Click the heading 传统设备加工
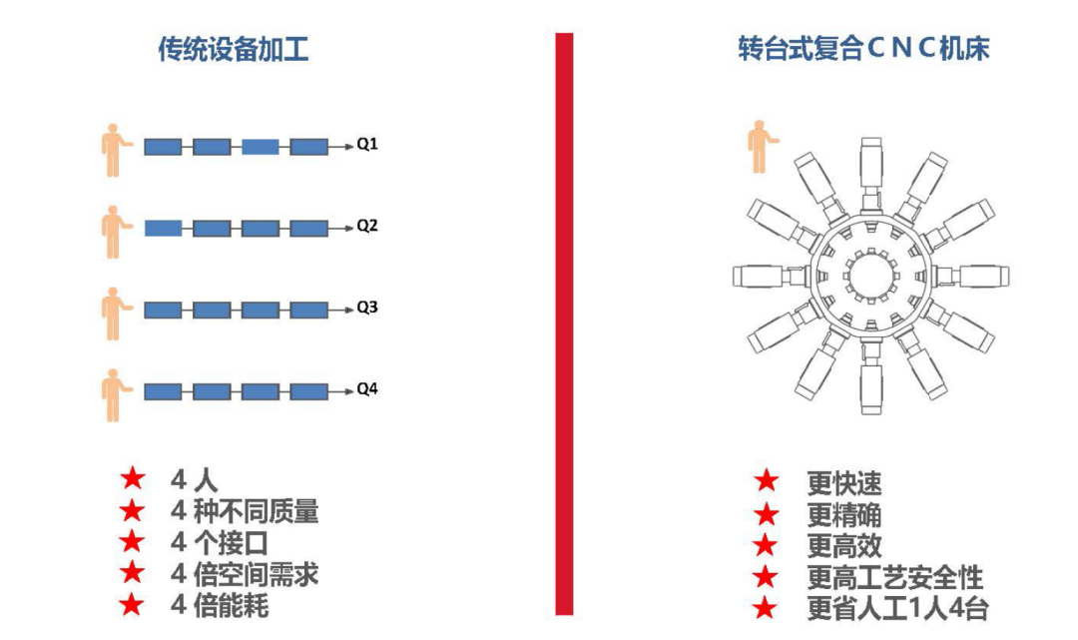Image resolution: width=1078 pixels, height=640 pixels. point(233,50)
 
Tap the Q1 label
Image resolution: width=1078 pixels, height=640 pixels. point(367,145)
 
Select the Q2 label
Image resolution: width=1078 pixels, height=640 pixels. point(367,227)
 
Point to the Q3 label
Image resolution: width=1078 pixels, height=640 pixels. point(367,309)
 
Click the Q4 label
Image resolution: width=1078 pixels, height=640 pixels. point(367,389)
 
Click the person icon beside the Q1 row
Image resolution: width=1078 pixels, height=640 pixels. point(115,150)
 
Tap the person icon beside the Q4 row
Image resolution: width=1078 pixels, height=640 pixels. point(115,394)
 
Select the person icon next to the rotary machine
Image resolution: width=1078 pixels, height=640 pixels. point(764,146)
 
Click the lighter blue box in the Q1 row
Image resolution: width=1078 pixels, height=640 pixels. point(260,147)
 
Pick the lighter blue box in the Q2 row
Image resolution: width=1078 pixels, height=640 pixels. point(163,229)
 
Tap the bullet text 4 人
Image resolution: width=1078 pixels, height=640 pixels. point(194,479)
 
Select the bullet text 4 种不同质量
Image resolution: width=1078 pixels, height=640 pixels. point(245,512)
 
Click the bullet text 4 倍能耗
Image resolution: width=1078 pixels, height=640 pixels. point(220,605)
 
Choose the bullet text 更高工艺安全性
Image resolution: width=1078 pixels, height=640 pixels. point(894,577)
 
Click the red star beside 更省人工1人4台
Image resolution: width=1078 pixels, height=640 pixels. point(766,608)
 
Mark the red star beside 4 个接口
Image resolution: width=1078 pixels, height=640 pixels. point(132,543)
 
